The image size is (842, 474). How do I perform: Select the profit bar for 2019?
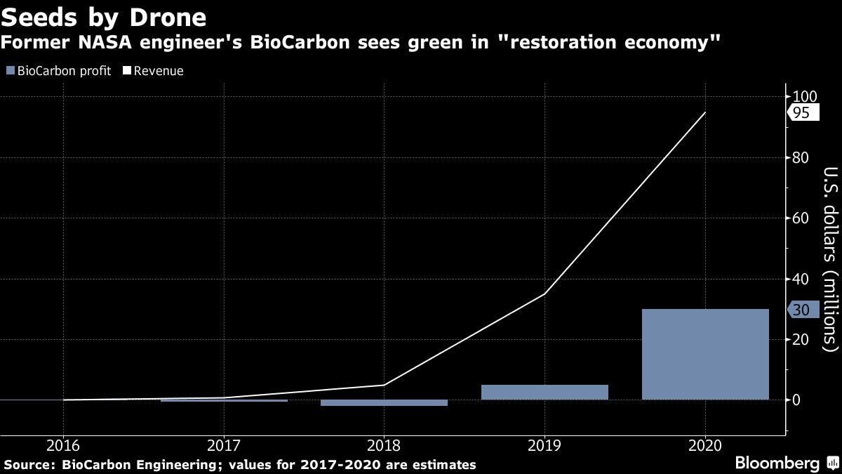(544, 392)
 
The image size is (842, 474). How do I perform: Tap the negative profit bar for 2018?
(384, 403)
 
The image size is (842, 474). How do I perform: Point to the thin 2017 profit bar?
(224, 400)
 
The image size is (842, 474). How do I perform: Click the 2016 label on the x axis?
(63, 445)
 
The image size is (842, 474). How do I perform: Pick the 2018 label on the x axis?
(384, 445)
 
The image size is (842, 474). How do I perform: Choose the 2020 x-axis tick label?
(704, 445)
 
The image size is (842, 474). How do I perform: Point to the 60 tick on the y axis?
(801, 218)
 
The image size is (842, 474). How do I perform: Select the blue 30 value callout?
(802, 310)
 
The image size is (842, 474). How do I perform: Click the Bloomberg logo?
(777, 463)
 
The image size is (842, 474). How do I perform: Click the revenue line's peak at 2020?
(705, 112)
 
